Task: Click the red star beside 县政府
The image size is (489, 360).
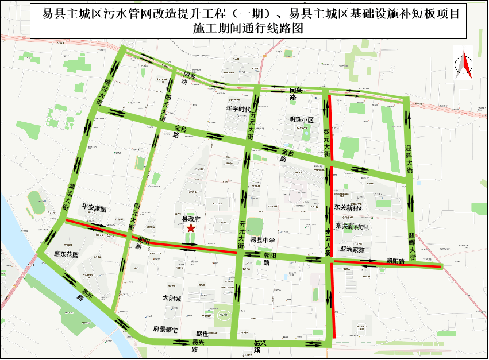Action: click(x=191, y=229)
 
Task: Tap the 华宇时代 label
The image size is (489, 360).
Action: click(x=238, y=109)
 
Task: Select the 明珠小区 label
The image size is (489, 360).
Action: click(x=302, y=120)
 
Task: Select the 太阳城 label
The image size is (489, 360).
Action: click(x=171, y=299)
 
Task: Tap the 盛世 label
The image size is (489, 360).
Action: click(x=202, y=334)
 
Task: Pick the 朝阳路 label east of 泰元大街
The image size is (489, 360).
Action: click(x=395, y=261)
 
